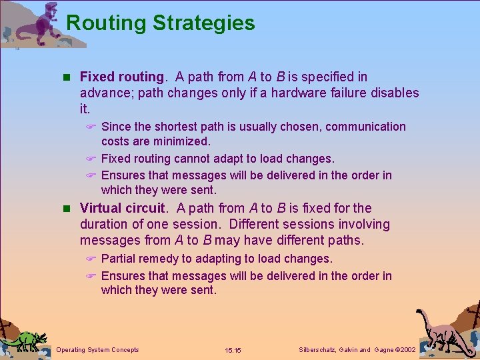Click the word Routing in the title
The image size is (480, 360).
click(x=107, y=23)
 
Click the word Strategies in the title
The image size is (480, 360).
click(x=204, y=23)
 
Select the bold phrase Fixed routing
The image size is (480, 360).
click(x=121, y=77)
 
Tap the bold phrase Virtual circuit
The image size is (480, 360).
click(x=121, y=208)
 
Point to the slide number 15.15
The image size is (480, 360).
click(x=233, y=350)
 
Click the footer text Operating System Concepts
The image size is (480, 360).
click(x=98, y=350)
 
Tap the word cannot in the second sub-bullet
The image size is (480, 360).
click(x=195, y=159)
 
